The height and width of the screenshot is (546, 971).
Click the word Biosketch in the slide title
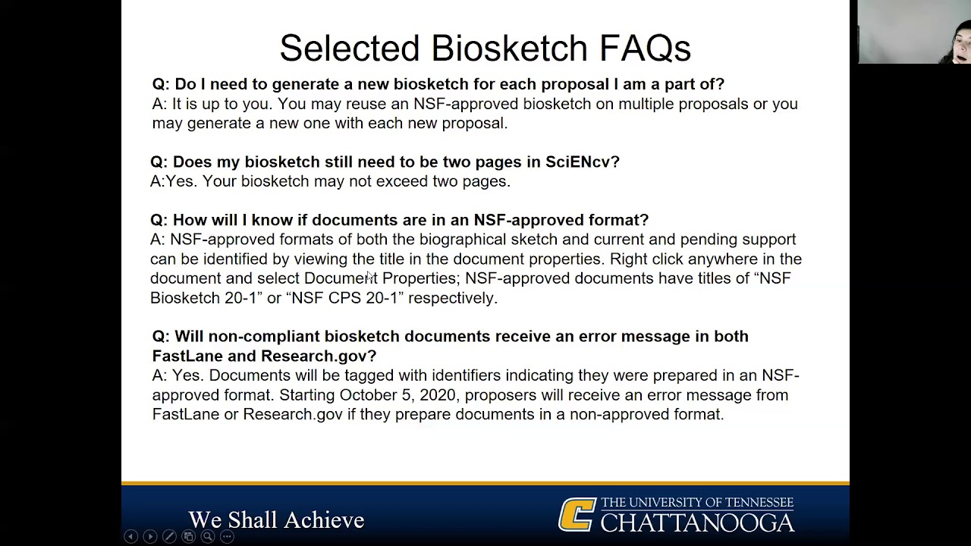[509, 49]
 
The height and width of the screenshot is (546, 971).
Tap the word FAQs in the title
[645, 49]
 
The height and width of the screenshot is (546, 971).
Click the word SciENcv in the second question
[582, 162]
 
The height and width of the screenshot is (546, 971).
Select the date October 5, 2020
[398, 395]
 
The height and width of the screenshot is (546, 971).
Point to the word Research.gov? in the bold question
[318, 356]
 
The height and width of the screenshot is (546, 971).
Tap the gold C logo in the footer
[577, 515]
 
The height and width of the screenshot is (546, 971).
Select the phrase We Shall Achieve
[276, 520]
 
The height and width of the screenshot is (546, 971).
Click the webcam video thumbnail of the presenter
[914, 32]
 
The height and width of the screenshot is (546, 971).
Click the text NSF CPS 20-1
[344, 298]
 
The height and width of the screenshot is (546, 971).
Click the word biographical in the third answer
[462, 240]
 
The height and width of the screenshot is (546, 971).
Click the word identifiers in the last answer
[466, 375]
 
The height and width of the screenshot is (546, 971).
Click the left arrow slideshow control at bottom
[130, 537]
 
